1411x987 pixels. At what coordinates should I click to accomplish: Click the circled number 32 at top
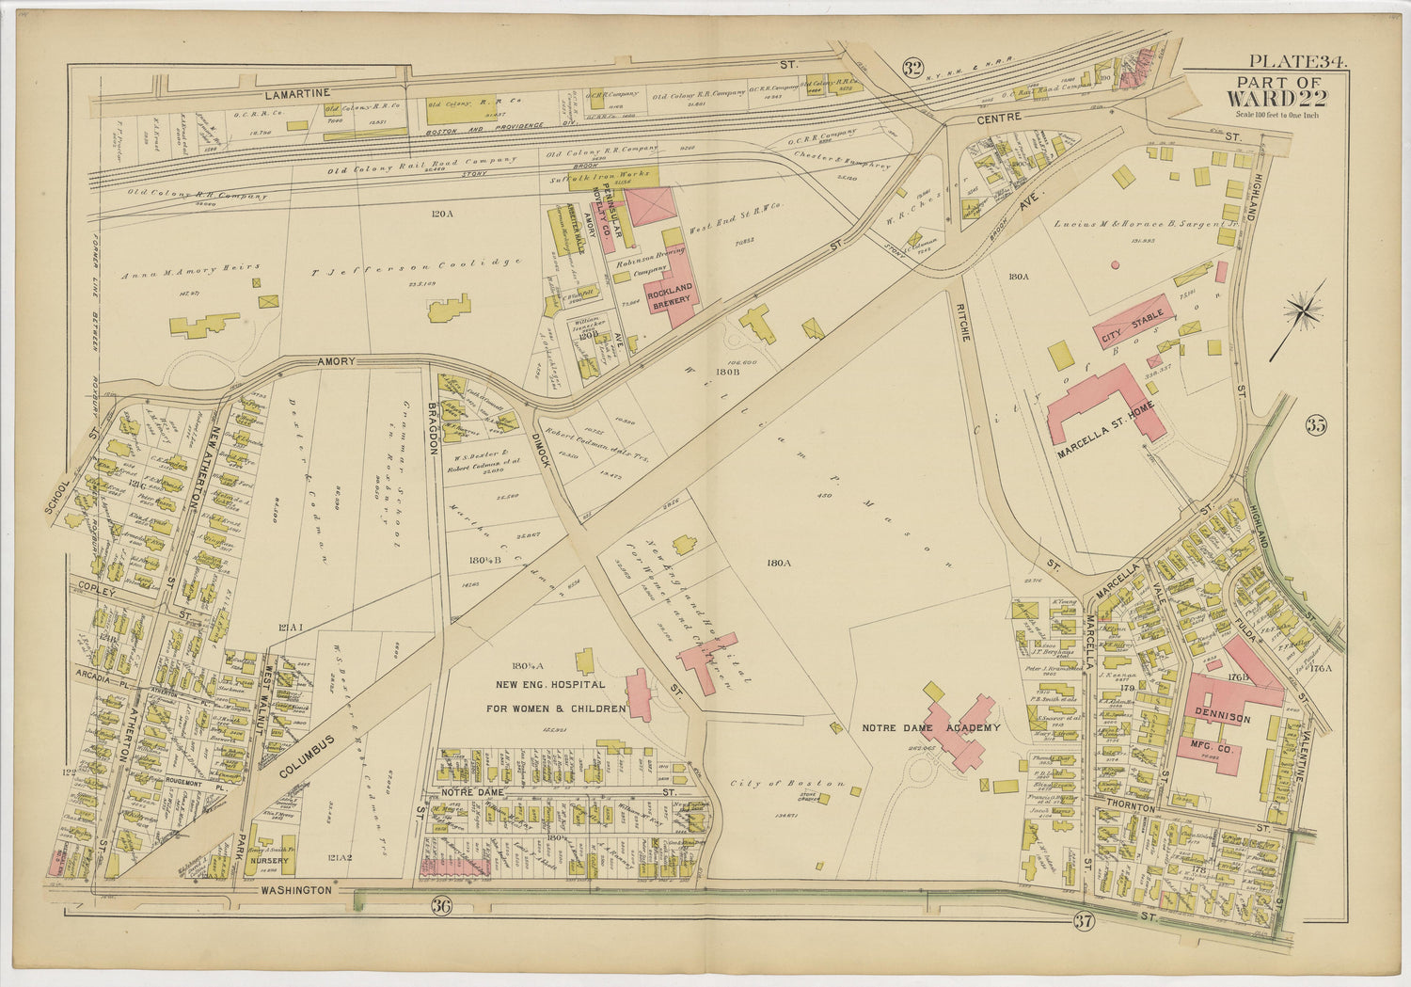pos(911,67)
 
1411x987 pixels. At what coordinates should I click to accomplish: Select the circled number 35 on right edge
pos(1315,425)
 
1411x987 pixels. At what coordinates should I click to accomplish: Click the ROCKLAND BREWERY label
pos(674,293)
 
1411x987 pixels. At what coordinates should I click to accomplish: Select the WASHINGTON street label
pos(296,889)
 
